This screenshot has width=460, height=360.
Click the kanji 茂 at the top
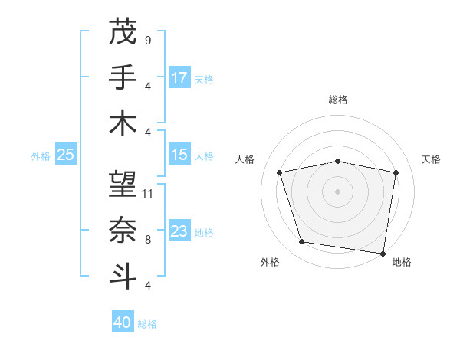(123, 31)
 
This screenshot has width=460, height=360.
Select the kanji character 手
(123, 77)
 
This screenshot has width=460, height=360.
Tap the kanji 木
(123, 123)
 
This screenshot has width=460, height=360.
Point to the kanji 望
(123, 184)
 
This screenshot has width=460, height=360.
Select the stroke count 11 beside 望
(148, 193)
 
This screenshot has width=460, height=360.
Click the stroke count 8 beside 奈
(147, 239)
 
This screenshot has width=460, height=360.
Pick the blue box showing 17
(179, 77)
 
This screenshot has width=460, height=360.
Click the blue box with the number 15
(179, 155)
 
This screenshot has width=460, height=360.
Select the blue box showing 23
(179, 231)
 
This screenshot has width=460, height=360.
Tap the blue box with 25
(65, 155)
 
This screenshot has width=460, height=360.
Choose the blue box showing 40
(123, 322)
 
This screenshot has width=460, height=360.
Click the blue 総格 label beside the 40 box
(148, 324)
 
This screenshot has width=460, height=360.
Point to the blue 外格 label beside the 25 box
(41, 156)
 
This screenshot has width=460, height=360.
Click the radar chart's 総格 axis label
(338, 100)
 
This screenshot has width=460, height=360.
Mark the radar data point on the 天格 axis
(396, 172)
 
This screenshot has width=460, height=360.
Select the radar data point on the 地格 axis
(383, 254)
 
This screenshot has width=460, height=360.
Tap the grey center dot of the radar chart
(338, 191)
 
